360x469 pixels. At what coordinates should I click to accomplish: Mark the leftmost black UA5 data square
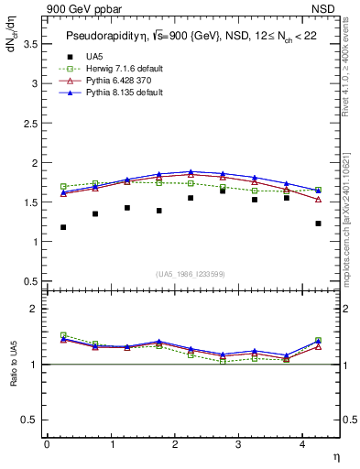click(x=63, y=227)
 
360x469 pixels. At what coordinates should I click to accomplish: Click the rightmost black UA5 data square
click(x=318, y=224)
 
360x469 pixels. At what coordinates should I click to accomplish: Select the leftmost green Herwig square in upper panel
click(x=63, y=186)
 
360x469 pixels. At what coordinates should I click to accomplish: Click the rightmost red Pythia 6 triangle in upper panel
click(x=318, y=200)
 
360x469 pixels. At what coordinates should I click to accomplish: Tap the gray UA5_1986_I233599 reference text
click(x=191, y=275)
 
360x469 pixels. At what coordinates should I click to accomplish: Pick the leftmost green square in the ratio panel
click(x=63, y=335)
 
